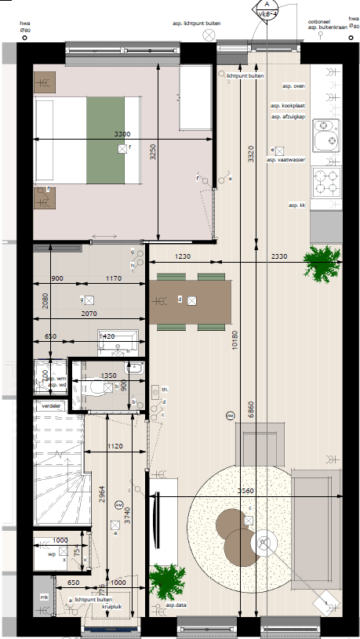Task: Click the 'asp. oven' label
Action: tap(293, 86)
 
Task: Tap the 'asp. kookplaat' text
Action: tap(288, 105)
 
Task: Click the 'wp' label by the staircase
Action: tap(52, 554)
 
